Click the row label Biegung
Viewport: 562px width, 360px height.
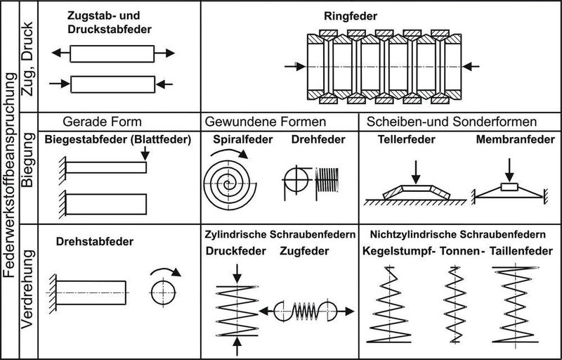(x=29, y=167)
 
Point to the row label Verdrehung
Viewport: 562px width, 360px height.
(x=29, y=292)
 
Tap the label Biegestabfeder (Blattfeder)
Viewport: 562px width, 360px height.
(x=118, y=139)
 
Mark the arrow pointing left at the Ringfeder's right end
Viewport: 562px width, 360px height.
(x=472, y=66)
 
